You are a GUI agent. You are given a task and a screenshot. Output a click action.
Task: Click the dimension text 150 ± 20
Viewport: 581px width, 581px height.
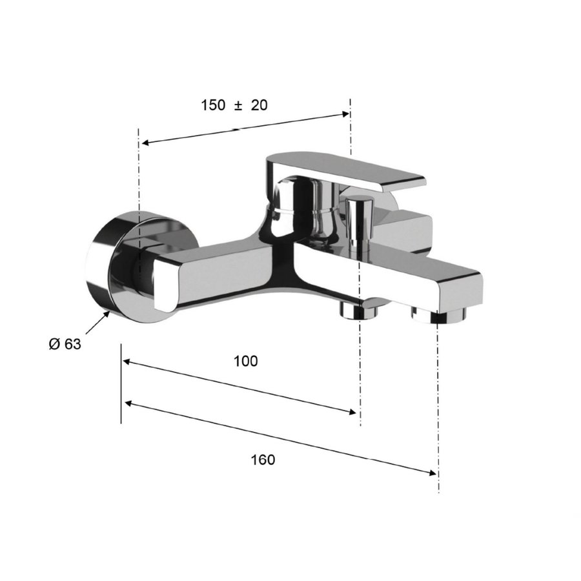(x=234, y=105)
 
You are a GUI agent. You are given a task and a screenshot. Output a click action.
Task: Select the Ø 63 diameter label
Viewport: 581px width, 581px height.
(x=65, y=344)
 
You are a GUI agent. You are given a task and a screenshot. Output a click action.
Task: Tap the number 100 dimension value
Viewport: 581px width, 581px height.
(x=245, y=361)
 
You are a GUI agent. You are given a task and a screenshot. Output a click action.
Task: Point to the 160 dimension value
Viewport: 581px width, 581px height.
(x=263, y=460)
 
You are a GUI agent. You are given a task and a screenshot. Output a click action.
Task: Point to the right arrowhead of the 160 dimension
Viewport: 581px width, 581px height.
(x=433, y=473)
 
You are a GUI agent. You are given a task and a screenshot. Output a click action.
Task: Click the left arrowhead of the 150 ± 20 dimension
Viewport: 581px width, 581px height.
(x=145, y=143)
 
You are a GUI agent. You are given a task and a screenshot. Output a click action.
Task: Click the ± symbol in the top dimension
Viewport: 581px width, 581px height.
(x=238, y=105)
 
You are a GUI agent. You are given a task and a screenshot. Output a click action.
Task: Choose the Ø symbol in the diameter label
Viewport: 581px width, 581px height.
(x=54, y=344)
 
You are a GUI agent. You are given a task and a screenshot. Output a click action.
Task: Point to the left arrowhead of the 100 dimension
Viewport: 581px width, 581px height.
(x=128, y=363)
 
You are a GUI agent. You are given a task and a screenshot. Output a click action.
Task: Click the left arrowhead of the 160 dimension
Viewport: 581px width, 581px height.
(x=128, y=403)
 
